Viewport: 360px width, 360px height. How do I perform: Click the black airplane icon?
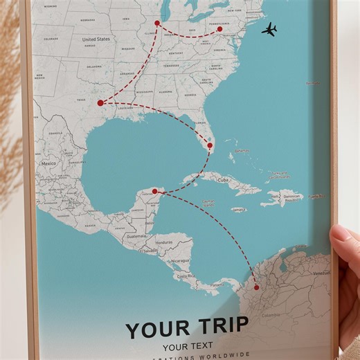point(269,29)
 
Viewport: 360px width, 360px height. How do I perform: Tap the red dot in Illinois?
point(157,24)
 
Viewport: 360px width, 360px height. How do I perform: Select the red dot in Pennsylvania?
point(219,29)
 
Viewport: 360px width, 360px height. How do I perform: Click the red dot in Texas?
point(100,103)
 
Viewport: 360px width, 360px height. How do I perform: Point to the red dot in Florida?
point(210,145)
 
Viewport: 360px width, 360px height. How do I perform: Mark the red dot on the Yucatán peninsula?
point(155,191)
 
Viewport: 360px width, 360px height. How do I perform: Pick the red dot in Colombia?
point(256,287)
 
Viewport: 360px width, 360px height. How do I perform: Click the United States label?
point(96,39)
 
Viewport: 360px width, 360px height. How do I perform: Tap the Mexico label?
point(48,163)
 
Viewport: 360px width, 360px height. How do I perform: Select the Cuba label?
point(223,180)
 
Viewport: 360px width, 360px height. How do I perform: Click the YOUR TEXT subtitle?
point(188,346)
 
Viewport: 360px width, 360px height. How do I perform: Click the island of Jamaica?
point(238,209)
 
